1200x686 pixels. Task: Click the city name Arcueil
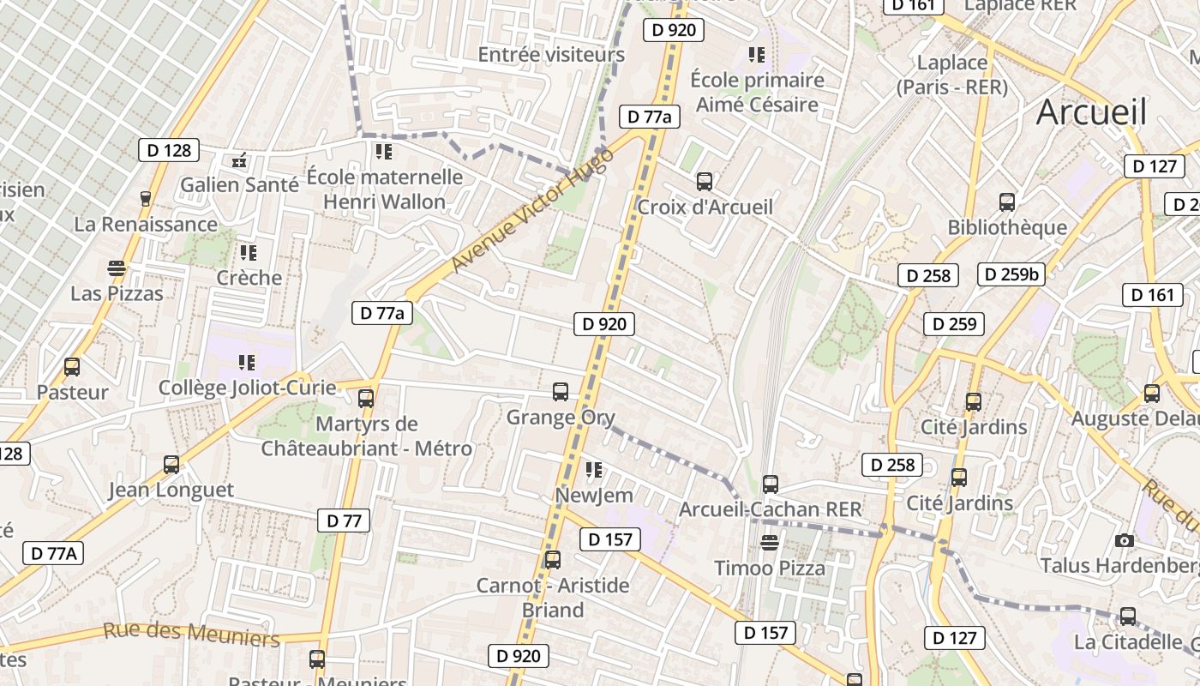pos(1091,112)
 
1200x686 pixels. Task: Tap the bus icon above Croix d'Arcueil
pos(705,182)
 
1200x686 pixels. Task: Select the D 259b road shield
pos(1011,274)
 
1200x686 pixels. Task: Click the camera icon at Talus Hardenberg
pos(1125,540)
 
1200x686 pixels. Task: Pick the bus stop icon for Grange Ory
pos(561,392)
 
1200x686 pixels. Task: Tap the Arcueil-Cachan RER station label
pos(770,509)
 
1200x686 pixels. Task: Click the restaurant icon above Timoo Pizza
pos(770,542)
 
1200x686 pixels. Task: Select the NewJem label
pos(594,496)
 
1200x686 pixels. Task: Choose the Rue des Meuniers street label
pos(191,635)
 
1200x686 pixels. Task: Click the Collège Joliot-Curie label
pos(247,388)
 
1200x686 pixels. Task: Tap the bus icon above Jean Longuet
pos(171,465)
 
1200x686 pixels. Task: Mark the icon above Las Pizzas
pos(117,268)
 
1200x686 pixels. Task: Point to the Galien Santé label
pos(239,184)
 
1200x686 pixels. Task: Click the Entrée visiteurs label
pos(551,55)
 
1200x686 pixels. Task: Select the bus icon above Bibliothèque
pos(1007,202)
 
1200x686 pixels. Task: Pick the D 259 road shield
pos(954,324)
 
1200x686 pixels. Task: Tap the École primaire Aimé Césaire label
pos(757,93)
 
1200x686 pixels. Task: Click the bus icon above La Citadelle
pos(1128,617)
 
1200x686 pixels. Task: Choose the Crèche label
pos(249,278)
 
